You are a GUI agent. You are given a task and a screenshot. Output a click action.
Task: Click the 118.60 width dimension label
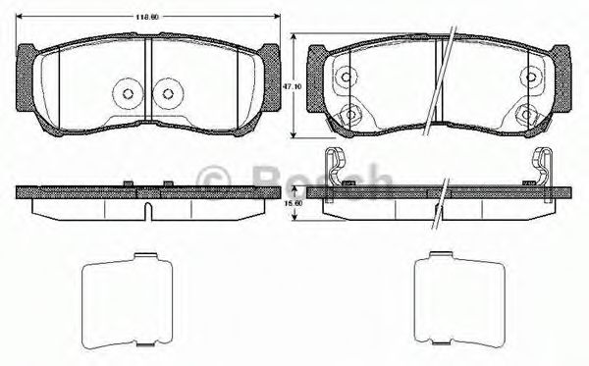pos(148,17)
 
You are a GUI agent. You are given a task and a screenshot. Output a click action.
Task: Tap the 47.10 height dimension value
pos(291,86)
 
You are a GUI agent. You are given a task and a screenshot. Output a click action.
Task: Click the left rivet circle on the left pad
pos(128,94)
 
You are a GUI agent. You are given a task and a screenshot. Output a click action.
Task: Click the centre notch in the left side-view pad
pos(147,211)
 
